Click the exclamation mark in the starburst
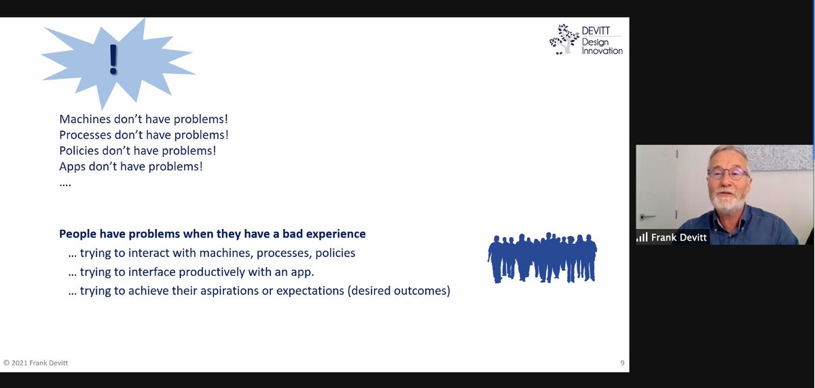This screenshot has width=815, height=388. tap(113, 60)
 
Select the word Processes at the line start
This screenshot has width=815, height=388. tap(86, 135)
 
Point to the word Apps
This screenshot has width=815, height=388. tap(72, 166)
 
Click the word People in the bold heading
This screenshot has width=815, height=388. tap(77, 234)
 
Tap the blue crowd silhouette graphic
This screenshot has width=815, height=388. tap(542, 258)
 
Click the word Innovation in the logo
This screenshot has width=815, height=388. tap(602, 51)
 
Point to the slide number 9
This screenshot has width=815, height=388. tap(622, 363)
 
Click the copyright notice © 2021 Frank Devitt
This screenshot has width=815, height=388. tap(36, 363)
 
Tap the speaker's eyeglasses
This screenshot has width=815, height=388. tap(727, 173)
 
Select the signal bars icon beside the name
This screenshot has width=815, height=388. tap(642, 237)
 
